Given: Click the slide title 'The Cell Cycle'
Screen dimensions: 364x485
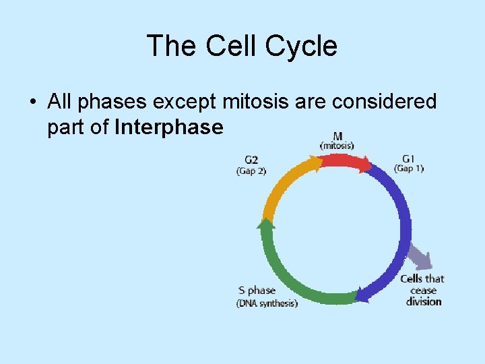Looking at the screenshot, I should pos(242,47).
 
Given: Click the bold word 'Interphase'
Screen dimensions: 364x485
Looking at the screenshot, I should pos(169,127).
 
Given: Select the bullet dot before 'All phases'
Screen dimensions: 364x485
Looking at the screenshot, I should pos(32,103).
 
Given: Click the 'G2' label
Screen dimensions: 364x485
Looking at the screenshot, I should pos(251,160).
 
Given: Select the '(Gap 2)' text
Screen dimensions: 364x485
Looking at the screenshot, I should pos(251,171).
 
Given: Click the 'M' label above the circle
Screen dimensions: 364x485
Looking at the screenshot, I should pos(337,135).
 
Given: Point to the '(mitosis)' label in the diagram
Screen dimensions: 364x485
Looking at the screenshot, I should pos(337,145).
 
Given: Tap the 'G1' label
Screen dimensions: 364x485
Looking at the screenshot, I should pos(408,159).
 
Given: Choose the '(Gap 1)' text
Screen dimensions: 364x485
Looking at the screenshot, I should pos(409,169).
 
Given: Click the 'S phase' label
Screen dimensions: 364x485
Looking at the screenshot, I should pos(257,291).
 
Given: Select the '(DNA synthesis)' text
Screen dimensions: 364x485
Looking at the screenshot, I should pos(267,303).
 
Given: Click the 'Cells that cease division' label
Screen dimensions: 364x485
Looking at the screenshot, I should pos(423,290).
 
